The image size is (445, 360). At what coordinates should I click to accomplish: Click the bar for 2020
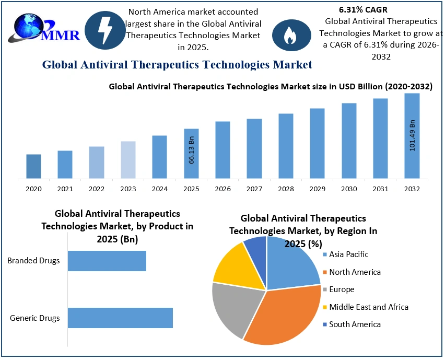click(x=33, y=166)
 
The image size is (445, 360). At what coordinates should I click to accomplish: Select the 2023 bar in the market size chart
click(x=128, y=160)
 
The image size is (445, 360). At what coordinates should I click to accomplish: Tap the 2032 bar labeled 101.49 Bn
click(x=412, y=136)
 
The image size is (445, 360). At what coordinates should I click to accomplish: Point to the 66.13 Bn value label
click(x=192, y=150)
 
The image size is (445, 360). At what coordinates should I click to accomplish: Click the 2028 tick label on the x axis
click(x=286, y=189)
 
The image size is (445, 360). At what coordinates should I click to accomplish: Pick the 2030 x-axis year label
click(x=349, y=189)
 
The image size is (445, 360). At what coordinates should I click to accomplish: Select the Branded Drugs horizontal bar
click(x=107, y=261)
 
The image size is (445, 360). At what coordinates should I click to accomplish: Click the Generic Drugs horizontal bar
click(x=120, y=318)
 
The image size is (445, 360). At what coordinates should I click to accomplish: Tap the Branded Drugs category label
click(x=33, y=261)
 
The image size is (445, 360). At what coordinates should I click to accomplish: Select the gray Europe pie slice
click(x=232, y=308)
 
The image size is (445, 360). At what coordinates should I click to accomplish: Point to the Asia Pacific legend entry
click(x=348, y=254)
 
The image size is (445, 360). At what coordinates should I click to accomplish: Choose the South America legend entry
click(x=355, y=324)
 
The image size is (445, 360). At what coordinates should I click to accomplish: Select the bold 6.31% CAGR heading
click(x=359, y=9)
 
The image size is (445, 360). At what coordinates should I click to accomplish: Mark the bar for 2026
click(x=223, y=150)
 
